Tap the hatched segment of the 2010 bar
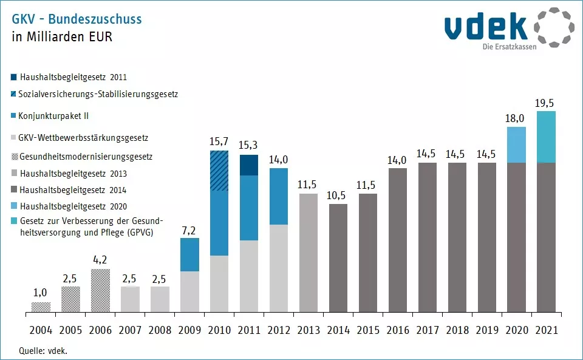(x=219, y=171)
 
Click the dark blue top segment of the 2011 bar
(x=248, y=165)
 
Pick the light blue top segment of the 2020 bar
(x=516, y=144)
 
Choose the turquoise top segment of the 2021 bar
(x=546, y=137)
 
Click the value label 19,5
(x=546, y=103)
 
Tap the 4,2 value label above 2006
(x=100, y=261)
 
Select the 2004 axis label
(x=40, y=331)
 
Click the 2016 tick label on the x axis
(x=397, y=331)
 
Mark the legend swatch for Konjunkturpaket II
(x=14, y=115)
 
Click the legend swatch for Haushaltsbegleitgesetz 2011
(x=14, y=77)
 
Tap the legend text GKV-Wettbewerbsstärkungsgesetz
(x=83, y=138)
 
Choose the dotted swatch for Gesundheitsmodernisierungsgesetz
(x=14, y=157)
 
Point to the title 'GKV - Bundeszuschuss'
(x=77, y=19)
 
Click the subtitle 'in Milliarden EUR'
(x=62, y=36)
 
